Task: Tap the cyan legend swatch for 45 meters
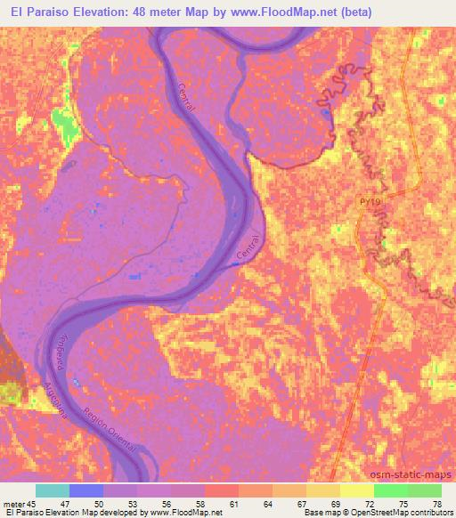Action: [53, 490]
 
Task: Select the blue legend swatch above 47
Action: [86, 490]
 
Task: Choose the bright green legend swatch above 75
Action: [391, 490]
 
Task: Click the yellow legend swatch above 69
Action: [323, 490]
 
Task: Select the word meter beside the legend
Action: [14, 503]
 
